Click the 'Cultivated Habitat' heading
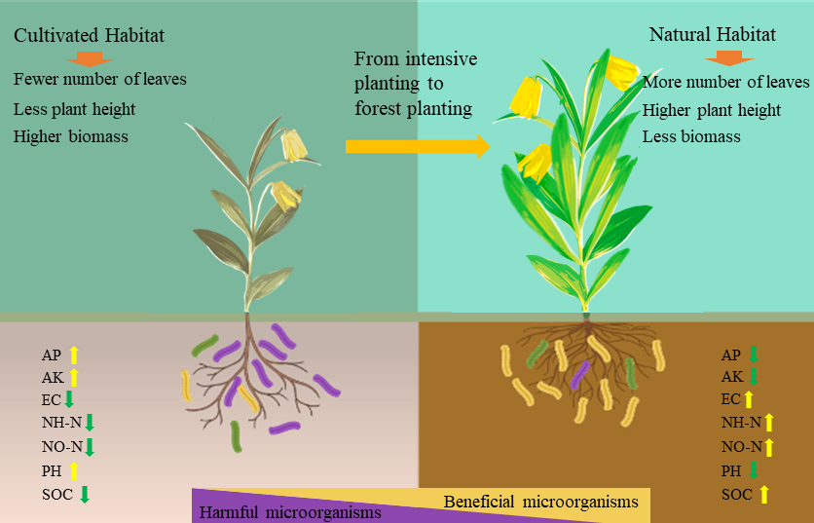pos(89,35)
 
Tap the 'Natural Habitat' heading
pos(713,35)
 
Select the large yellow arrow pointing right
pos(418,146)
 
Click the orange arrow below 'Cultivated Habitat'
pos(90,58)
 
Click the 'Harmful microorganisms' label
pos(290,511)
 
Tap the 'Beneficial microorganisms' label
pos(540,502)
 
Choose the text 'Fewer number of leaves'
pos(100,79)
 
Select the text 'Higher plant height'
pos(712,110)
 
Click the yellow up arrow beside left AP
pos(73,354)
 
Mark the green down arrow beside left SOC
pos(85,493)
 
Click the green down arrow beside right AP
pos(753,355)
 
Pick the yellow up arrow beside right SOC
pos(764,494)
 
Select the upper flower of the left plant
pos(293,146)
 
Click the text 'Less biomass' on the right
pos(691,136)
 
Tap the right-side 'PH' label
pos(731,470)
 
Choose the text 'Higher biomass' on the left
pos(71,135)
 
